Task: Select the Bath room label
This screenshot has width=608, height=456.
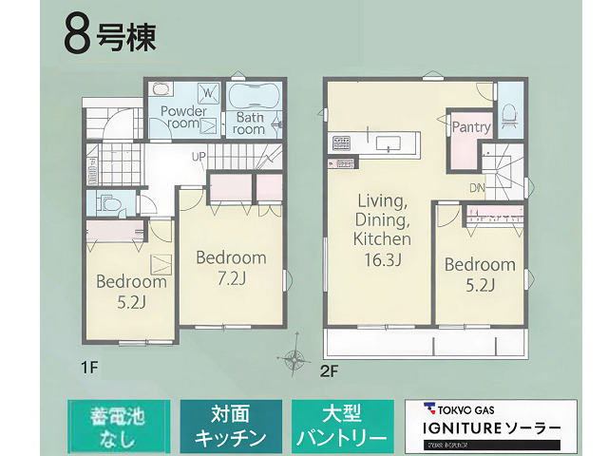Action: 250,123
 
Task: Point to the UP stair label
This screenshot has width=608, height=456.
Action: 199,157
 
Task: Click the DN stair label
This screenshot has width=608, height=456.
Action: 476,187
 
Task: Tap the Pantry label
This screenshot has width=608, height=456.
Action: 471,127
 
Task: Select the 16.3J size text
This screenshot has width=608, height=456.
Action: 382,259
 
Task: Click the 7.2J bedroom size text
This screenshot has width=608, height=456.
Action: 231,278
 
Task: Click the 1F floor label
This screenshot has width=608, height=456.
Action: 90,365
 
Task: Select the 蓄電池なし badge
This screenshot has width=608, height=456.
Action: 119,427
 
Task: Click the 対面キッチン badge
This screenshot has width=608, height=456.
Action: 231,427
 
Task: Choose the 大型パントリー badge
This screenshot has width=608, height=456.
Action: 342,427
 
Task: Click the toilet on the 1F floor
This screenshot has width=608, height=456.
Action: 107,202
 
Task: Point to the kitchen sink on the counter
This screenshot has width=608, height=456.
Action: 389,143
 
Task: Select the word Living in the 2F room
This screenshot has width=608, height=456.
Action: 382,200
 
